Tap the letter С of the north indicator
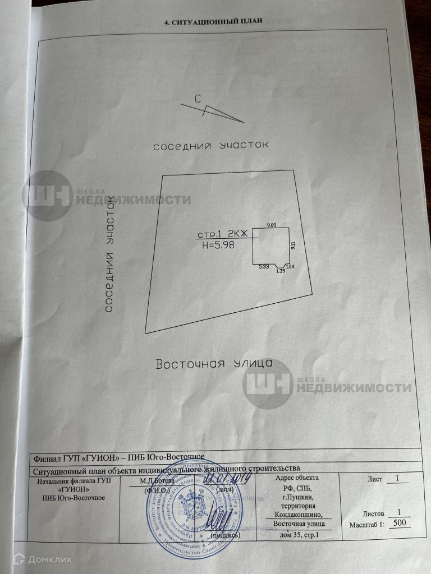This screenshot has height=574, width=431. pyautogui.click(x=198, y=99)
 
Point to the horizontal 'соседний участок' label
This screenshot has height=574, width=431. pyautogui.click(x=212, y=145)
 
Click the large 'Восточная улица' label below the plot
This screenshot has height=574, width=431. pyautogui.click(x=214, y=363)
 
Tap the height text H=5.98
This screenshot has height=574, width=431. pyautogui.click(x=221, y=244)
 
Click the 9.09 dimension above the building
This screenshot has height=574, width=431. pyautogui.click(x=272, y=225)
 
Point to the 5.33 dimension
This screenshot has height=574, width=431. pyautogui.click(x=264, y=267)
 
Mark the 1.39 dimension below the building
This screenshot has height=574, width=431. pyautogui.click(x=281, y=271)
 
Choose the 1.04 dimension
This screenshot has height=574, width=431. pyautogui.click(x=290, y=266)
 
